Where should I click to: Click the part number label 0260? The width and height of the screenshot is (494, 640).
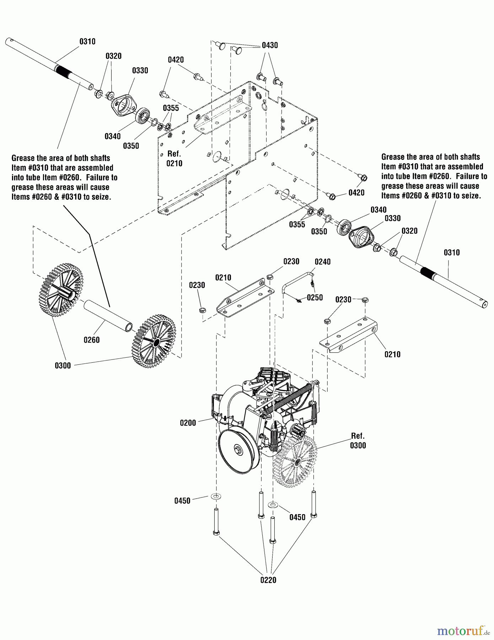click(x=91, y=340)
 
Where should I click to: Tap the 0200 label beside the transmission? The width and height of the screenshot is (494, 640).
click(x=188, y=423)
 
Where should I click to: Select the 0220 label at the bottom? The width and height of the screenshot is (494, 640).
click(x=268, y=580)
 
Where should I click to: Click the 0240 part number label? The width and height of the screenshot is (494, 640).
click(x=322, y=262)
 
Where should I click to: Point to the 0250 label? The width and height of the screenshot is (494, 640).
click(x=315, y=298)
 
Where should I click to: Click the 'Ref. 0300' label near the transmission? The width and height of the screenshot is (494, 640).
click(x=358, y=441)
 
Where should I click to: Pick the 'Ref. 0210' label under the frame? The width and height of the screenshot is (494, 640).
click(x=174, y=159)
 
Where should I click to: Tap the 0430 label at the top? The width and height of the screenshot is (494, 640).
click(x=270, y=45)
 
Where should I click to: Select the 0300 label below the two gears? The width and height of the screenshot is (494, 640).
click(x=63, y=366)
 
